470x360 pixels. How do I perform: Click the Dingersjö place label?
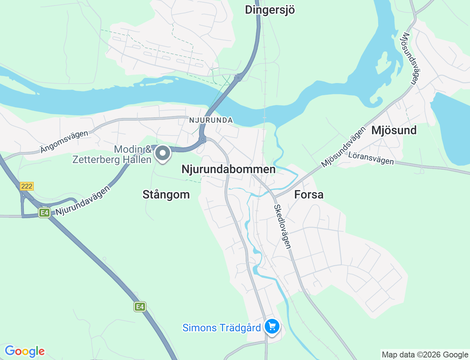270,10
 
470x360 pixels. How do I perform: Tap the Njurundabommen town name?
228,169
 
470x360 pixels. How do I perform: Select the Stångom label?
166,194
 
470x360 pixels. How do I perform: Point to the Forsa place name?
309,194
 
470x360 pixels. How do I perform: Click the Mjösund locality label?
394,130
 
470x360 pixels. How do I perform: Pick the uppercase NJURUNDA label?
211,120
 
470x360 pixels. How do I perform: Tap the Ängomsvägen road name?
64,141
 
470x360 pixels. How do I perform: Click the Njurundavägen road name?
83,201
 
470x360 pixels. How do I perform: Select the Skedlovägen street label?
282,227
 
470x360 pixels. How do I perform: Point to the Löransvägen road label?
371,158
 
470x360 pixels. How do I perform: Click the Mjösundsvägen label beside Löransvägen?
344,147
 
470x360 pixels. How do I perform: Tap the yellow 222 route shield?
27,186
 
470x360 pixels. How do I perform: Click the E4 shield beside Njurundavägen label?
44,213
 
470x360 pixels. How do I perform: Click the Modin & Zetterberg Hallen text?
112,154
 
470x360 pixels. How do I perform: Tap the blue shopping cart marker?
272,326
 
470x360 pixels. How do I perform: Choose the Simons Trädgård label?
221,328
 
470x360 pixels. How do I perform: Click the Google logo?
25,351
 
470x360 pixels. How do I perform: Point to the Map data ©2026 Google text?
425,354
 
